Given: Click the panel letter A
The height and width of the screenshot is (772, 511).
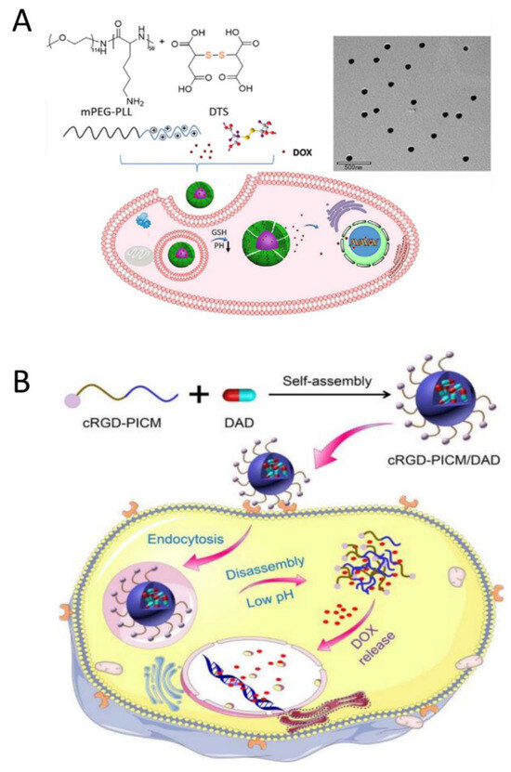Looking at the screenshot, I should coord(20,20).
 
